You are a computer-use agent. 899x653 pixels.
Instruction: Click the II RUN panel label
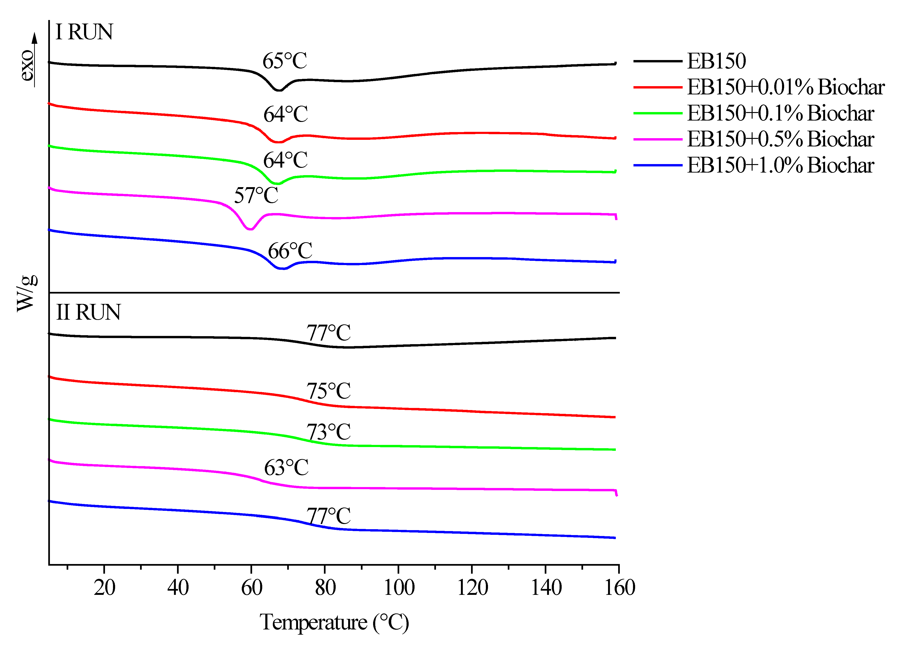tap(88, 312)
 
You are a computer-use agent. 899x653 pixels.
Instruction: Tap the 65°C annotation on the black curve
tap(285, 61)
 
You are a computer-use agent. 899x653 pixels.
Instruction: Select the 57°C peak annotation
tap(256, 195)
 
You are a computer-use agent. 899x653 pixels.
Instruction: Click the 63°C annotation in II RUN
tap(286, 468)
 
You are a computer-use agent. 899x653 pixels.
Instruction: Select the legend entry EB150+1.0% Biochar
tap(780, 165)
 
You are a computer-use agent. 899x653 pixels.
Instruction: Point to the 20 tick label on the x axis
tap(105, 588)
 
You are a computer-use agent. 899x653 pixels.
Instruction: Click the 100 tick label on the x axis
tap(399, 588)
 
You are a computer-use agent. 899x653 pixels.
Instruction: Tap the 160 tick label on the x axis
tap(619, 588)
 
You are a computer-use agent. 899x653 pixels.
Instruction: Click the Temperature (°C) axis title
tap(334, 622)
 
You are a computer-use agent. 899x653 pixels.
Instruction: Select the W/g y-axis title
tap(27, 293)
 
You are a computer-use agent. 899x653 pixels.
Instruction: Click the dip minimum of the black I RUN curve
tap(279, 90)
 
